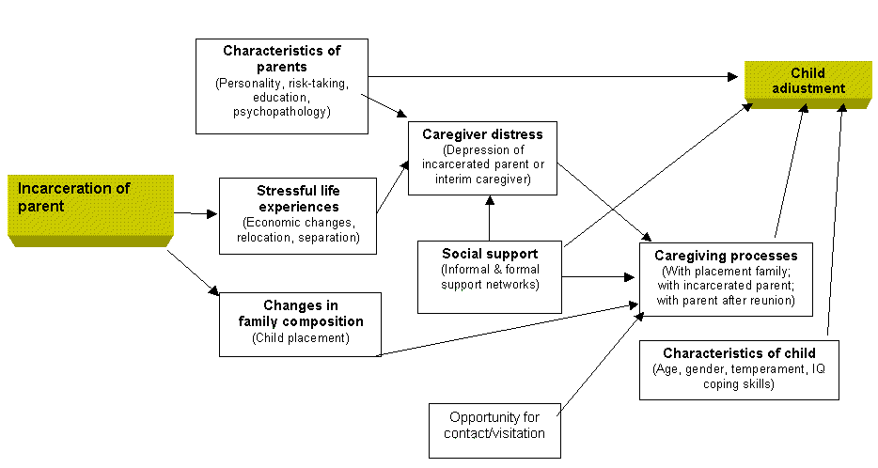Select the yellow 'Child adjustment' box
[x=807, y=81]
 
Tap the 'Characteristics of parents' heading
[x=282, y=58]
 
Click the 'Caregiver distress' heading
[x=482, y=134]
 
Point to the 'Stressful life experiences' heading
[x=297, y=198]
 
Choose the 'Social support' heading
[x=490, y=254]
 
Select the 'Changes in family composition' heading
[x=300, y=314]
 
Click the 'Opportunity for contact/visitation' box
[x=494, y=426]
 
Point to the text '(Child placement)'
[x=300, y=338]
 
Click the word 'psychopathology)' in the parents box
[x=282, y=113]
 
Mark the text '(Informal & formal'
[x=490, y=270]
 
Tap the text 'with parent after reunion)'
[x=727, y=301]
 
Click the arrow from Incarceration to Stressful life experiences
[x=196, y=213]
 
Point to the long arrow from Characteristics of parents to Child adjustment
[x=555, y=76]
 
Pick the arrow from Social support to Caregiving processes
[x=600, y=276]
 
